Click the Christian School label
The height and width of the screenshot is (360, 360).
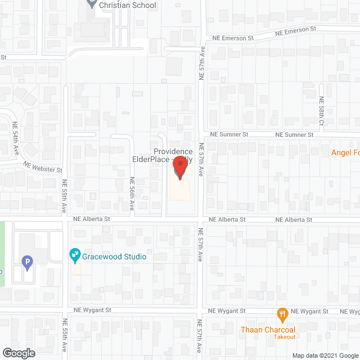click(127, 5)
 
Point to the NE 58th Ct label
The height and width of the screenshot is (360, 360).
click(322, 115)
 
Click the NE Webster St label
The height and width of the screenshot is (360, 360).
click(42, 165)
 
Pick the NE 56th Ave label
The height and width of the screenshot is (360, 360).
click(130, 194)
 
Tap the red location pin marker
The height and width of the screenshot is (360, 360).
click(179, 167)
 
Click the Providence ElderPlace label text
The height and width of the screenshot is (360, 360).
click(173, 155)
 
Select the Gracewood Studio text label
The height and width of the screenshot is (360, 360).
click(114, 256)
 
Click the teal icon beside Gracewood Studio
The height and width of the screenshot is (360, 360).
click(74, 256)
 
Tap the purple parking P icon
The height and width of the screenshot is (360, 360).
click(26, 262)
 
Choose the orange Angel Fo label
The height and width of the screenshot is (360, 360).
click(345, 152)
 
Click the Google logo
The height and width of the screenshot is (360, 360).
click(18, 353)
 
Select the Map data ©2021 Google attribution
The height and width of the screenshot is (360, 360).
click(325, 355)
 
